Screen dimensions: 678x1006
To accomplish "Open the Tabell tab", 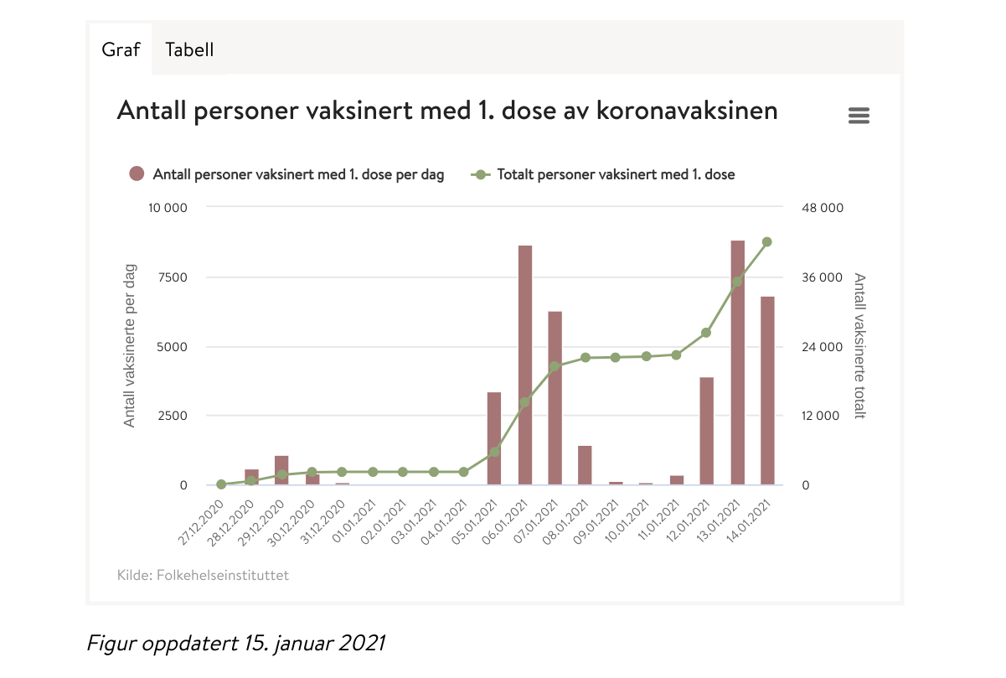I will point(189,49).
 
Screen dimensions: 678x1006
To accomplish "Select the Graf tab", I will point(121,49).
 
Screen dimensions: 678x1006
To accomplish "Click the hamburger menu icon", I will point(859,116).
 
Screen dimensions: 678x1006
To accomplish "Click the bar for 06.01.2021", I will point(525,365).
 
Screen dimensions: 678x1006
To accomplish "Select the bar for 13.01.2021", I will point(738,362).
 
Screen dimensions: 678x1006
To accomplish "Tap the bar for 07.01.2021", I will point(555,398).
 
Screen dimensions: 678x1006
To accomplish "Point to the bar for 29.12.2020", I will point(281,470).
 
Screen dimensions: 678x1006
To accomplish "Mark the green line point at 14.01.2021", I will point(767,242).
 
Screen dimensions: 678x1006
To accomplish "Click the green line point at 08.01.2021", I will point(586,358).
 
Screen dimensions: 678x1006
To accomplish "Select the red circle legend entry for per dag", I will point(137,174).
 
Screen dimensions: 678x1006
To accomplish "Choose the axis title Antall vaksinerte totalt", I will point(859,345).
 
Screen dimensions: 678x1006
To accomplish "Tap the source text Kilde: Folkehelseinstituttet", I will point(204,576).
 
